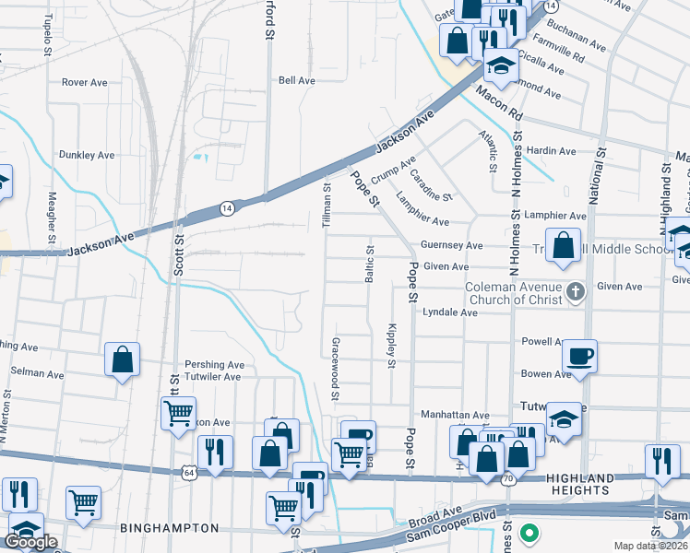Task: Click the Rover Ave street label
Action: pos(85,82)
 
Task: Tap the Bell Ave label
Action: pos(297,80)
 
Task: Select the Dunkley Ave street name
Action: pos(87,155)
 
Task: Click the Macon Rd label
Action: pos(499,103)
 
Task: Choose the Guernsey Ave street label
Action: pos(451,246)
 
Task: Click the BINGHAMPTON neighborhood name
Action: pos(169,528)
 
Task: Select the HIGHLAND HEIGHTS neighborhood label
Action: pos(579,484)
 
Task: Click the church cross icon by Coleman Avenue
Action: pos(576,292)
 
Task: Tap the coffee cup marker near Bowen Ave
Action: pos(579,355)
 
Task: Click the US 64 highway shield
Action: pos(188,472)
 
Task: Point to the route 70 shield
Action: pos(507,479)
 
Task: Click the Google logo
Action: pos(30,542)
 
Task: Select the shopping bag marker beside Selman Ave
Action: pos(122,360)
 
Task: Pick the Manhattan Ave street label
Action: pos(455,416)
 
